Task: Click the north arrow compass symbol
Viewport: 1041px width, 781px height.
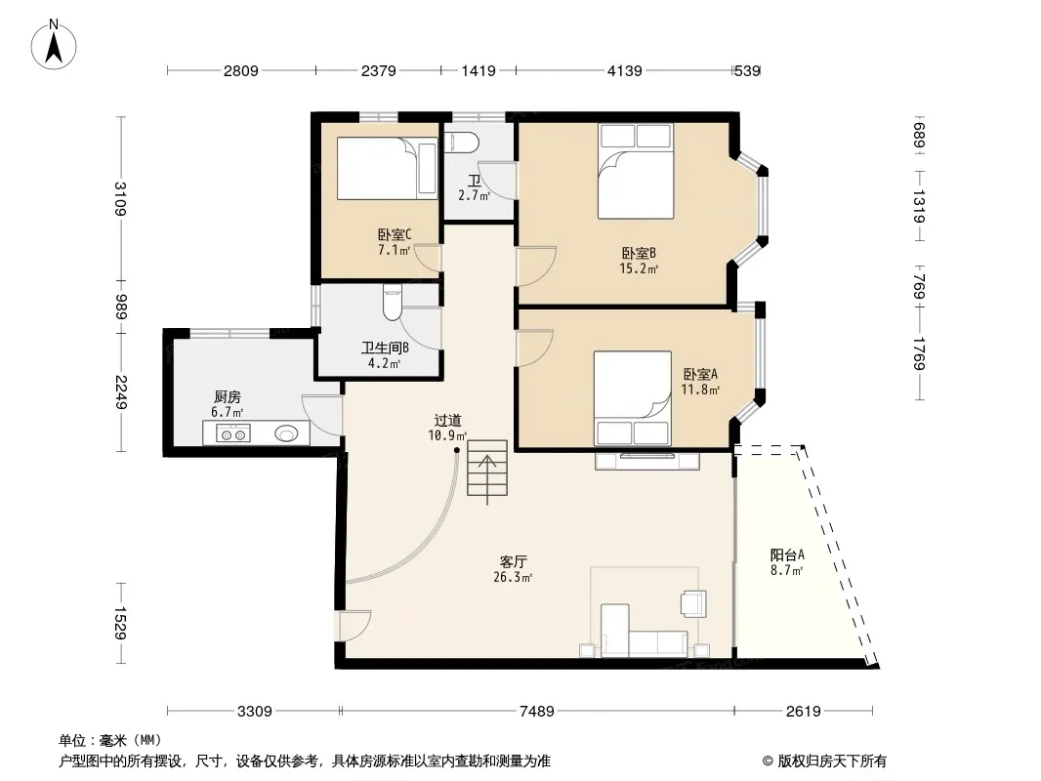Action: [54, 45]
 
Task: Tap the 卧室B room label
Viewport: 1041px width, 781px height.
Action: [639, 253]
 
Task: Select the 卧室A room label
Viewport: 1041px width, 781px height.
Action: [700, 374]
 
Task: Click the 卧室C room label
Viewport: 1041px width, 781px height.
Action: [395, 234]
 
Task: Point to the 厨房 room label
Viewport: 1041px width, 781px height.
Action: [228, 396]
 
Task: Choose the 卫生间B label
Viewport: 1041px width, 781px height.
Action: [385, 348]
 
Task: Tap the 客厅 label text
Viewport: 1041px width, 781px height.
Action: [514, 561]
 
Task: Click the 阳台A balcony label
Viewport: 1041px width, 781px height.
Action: [787, 555]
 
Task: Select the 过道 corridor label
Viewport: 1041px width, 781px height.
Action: [447, 420]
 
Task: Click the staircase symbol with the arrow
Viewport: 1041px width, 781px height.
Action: [487, 470]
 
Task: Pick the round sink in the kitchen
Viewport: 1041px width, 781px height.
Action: [287, 434]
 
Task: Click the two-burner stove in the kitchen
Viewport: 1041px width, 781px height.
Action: [233, 434]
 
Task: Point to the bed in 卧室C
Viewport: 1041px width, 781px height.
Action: [387, 168]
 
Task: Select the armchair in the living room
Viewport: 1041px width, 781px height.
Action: [693, 604]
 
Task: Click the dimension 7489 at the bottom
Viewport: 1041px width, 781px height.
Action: [536, 712]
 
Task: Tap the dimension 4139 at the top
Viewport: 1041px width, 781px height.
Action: [625, 70]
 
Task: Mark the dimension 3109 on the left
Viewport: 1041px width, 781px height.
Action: [119, 198]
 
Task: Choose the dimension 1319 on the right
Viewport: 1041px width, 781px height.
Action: [919, 206]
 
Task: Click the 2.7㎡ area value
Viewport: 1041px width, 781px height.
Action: [474, 196]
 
